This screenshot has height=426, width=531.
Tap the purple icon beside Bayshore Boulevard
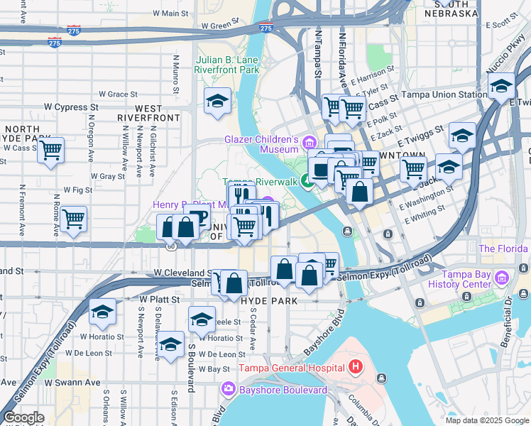coord(229,389)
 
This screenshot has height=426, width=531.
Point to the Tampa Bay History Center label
coord(460,279)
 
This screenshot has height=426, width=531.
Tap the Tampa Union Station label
coord(444,94)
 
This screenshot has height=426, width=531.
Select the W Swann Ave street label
coord(72,382)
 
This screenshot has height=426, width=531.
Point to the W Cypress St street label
coord(69,108)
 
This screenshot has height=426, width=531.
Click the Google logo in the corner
coord(23,417)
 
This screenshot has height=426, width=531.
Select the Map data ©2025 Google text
coord(486,420)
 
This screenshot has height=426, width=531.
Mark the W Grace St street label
coord(118,94)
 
